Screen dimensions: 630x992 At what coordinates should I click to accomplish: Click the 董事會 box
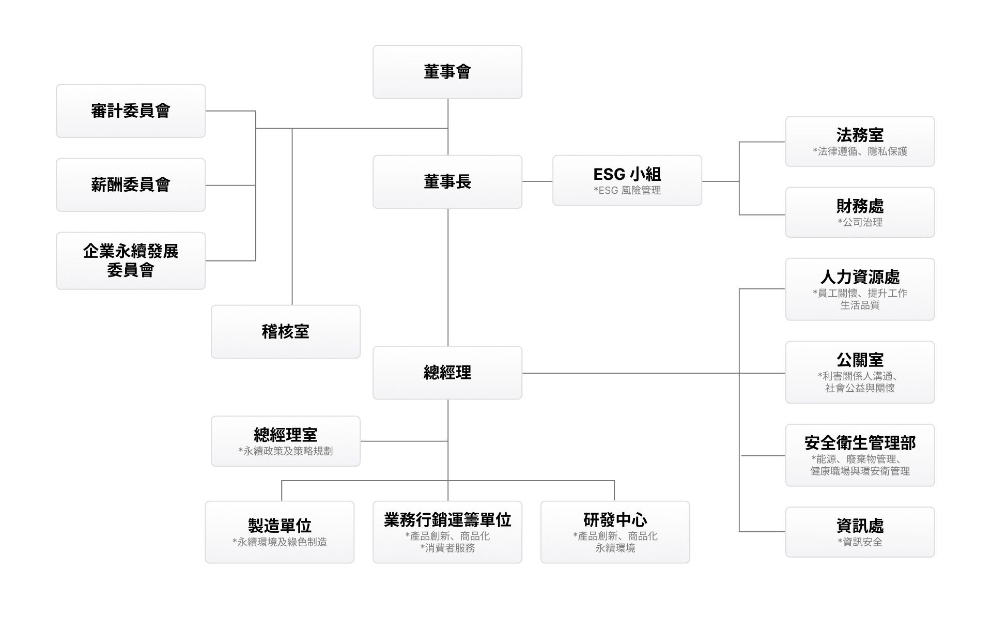[447, 72]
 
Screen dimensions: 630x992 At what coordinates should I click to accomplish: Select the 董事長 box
[447, 182]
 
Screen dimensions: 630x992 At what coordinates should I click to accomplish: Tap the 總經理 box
[447, 373]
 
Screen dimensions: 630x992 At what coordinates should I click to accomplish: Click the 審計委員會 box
[131, 111]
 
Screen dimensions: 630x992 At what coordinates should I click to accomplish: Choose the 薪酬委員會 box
[131, 185]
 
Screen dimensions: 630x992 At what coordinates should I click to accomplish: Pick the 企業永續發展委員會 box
[131, 260]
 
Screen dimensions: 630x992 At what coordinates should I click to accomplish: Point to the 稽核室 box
[286, 332]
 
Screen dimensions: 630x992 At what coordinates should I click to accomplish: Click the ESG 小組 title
[627, 174]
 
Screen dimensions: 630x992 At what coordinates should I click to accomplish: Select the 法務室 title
[860, 135]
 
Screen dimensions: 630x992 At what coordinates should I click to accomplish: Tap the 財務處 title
[860, 206]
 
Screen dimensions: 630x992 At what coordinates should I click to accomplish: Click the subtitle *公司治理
[860, 223]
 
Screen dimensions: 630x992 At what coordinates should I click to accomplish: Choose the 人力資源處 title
[860, 277]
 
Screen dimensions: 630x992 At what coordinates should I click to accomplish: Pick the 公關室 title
[860, 360]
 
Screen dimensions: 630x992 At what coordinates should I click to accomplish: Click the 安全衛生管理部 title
[860, 443]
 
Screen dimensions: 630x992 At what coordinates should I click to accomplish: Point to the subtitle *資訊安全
[860, 542]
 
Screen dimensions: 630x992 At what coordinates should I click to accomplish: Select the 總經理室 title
[286, 434]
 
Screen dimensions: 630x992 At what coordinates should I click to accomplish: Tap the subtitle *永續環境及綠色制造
[280, 542]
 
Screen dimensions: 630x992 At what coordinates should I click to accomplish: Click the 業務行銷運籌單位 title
[447, 520]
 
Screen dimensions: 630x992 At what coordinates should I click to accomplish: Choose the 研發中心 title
[615, 520]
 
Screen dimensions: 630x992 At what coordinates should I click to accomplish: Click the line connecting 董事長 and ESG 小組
[537, 181]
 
